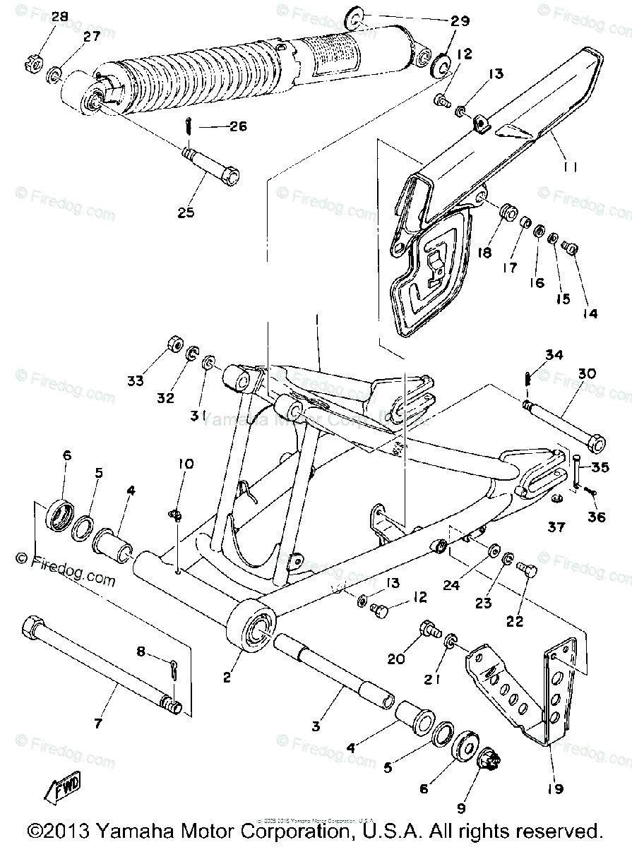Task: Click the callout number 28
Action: tap(60, 16)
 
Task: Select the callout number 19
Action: tap(554, 789)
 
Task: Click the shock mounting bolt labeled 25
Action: tap(211, 164)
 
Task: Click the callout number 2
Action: tap(227, 678)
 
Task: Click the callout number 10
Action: tap(185, 464)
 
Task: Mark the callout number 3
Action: tap(316, 725)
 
